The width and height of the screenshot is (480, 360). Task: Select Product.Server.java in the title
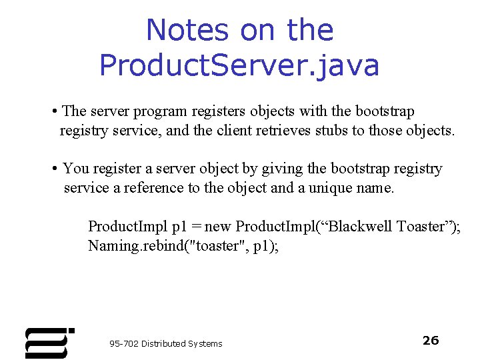pos(239,65)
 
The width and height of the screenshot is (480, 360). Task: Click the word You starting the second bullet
pos(75,169)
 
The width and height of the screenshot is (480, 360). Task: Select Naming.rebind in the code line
pos(129,246)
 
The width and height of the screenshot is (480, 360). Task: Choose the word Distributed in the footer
pos(163,343)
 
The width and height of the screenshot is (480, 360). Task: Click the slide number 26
pos(431,341)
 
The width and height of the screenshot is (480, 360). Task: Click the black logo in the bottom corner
pos(49,343)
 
